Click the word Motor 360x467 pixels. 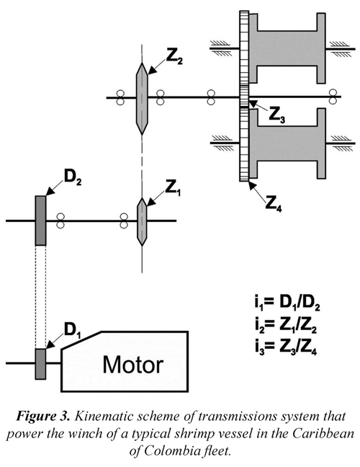(133, 365)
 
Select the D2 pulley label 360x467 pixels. (73, 178)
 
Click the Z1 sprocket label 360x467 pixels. (173, 188)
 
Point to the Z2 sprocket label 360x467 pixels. (174, 57)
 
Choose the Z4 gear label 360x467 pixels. (274, 205)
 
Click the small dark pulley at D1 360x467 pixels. (40, 364)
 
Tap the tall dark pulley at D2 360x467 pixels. (41, 221)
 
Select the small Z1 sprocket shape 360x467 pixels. (142, 222)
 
